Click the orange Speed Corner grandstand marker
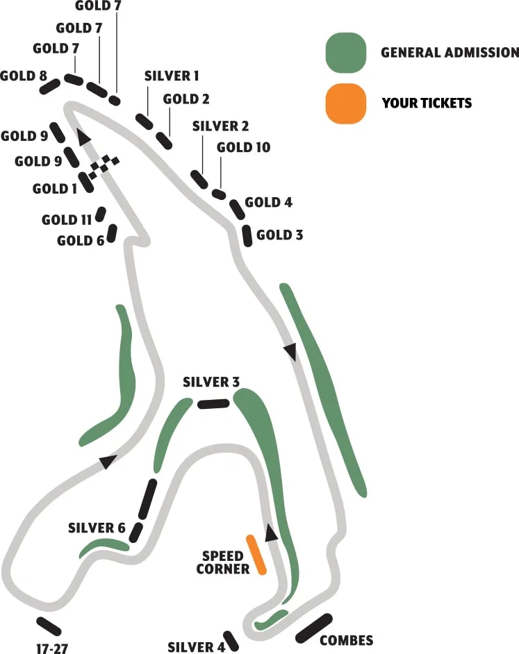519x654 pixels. point(256,555)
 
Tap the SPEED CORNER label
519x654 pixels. point(222,562)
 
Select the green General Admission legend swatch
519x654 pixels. point(346,52)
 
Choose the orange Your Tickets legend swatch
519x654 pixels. point(346,103)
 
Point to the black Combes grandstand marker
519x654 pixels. point(314,628)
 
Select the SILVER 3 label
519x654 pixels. point(211,382)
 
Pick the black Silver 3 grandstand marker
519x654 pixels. point(213,403)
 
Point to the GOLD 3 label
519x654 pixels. point(279,235)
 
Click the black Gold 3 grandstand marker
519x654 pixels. point(247,235)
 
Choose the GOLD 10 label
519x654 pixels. point(243,147)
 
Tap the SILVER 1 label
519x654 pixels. point(172,75)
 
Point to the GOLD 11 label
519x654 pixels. point(67,220)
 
